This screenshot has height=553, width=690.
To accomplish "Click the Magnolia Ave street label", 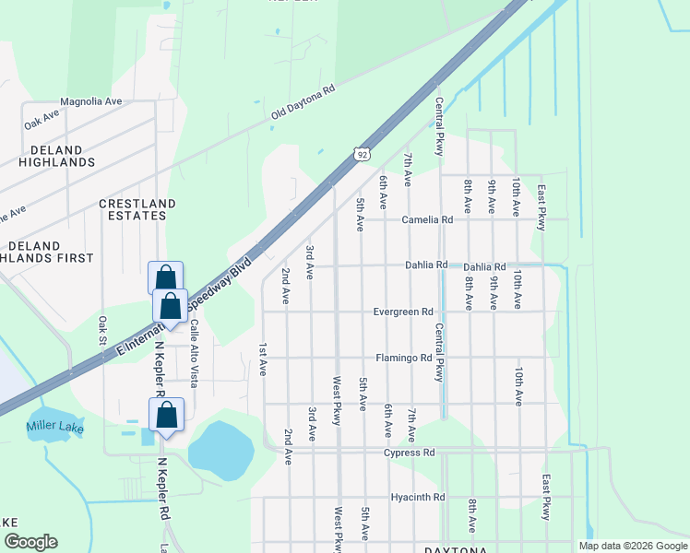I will (x=90, y=101).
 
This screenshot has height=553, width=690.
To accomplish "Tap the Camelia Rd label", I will (x=427, y=220).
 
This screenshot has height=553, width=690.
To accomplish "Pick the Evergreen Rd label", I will (x=403, y=312).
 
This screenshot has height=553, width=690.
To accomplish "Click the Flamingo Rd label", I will (x=403, y=358).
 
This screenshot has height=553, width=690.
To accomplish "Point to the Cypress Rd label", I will (x=410, y=453).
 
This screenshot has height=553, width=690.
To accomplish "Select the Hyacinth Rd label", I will (x=418, y=497).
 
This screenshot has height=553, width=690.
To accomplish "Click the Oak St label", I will (x=103, y=332).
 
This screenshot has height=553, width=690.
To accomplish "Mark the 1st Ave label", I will (x=263, y=359).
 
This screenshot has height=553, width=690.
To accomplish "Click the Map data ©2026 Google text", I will (x=633, y=546).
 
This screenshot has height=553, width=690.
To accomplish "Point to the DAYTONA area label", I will (x=455, y=550).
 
